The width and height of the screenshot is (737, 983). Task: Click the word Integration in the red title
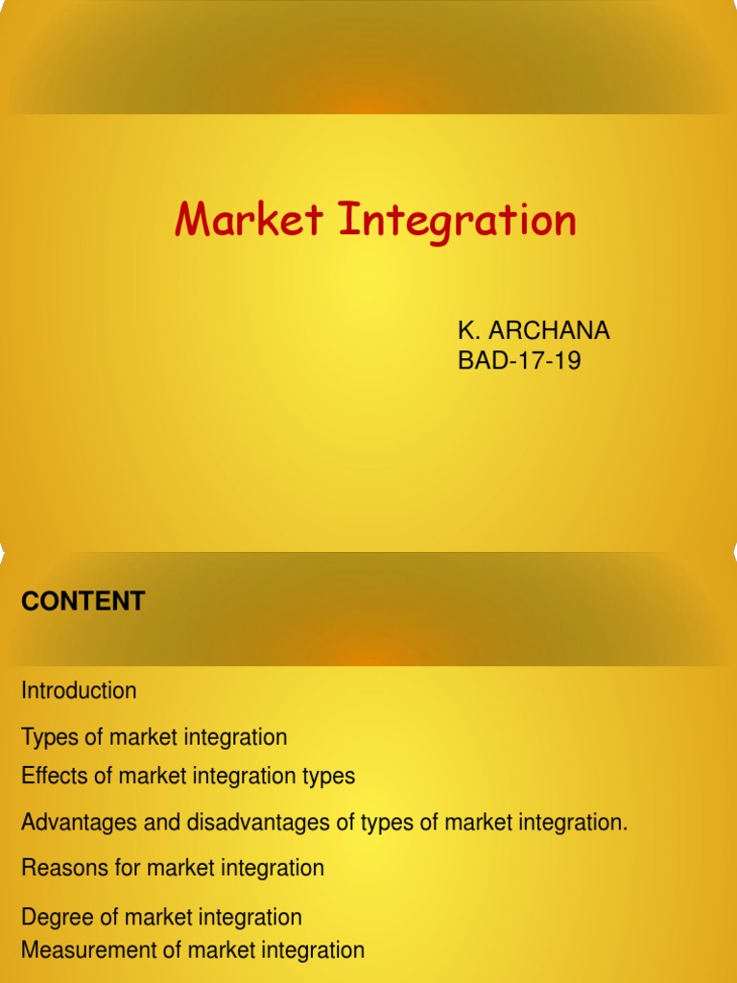click(457, 222)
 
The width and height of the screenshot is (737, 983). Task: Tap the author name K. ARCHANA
click(534, 331)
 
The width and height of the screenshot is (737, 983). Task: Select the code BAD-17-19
click(519, 362)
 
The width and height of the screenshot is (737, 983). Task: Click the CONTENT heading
click(83, 602)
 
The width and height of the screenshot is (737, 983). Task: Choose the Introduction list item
click(79, 690)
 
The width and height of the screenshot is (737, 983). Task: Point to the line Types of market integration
click(155, 737)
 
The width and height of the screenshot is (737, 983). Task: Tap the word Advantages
click(74, 823)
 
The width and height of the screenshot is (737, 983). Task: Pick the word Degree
click(54, 918)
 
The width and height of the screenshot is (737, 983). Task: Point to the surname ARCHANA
click(550, 331)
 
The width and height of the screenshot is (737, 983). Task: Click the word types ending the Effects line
click(329, 776)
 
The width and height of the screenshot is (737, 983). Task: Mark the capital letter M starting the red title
click(193, 220)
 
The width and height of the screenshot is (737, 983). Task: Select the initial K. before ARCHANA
click(468, 331)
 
